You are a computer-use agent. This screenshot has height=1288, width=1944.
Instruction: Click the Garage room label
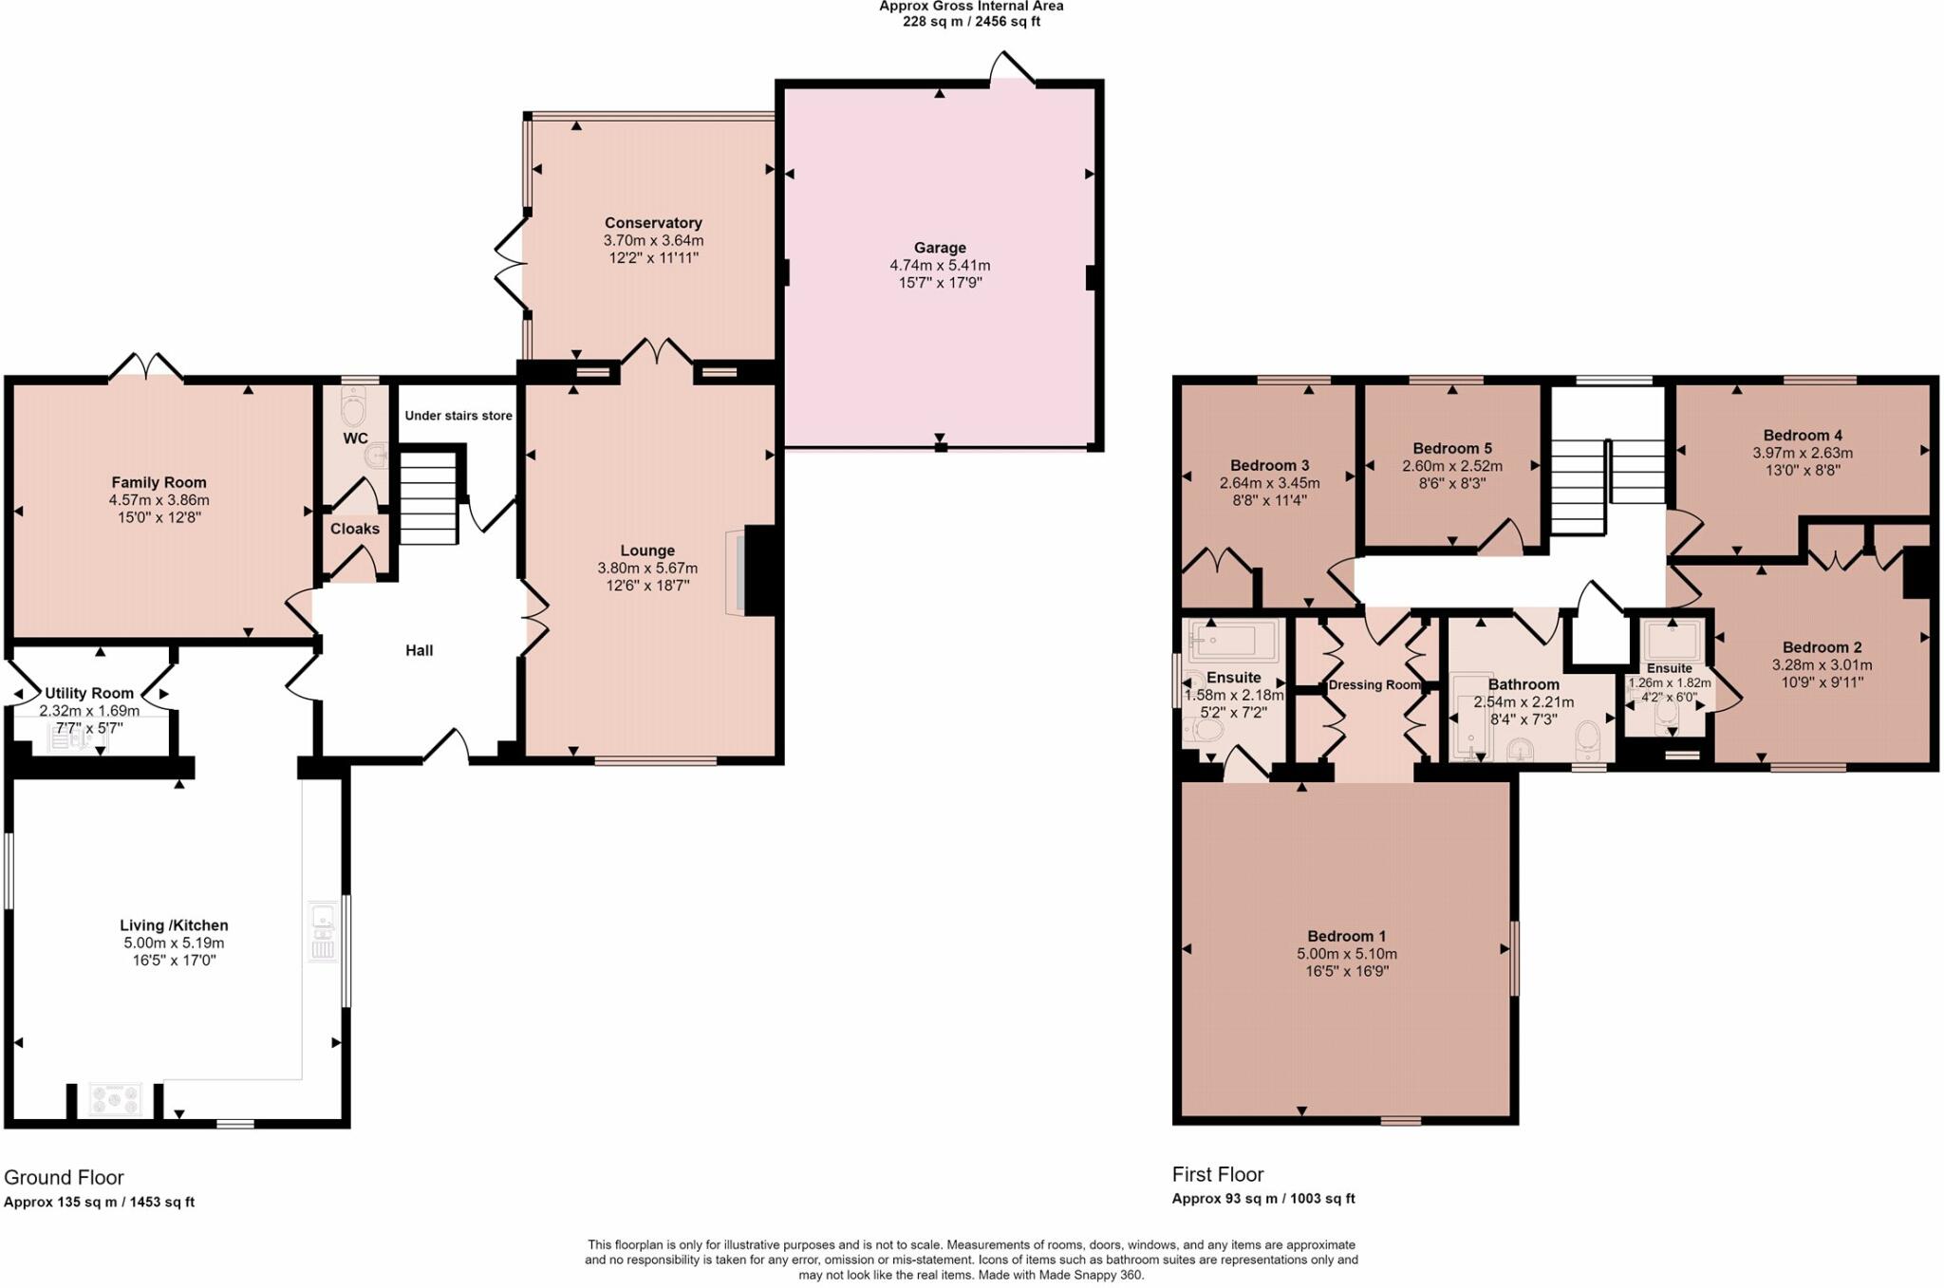point(940,248)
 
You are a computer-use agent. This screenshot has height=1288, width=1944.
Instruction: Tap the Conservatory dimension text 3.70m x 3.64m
point(653,241)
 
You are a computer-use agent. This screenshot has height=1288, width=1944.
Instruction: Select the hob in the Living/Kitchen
point(115,1099)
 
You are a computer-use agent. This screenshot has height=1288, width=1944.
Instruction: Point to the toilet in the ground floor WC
point(353,411)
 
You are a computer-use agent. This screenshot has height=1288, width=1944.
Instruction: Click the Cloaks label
point(355,529)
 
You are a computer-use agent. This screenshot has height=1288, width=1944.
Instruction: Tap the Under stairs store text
point(458,416)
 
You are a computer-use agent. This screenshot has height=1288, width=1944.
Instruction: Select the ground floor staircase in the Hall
point(429,498)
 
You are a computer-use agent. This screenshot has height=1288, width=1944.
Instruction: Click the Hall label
point(420,650)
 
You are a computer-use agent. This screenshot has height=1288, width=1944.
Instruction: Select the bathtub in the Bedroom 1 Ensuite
point(1232,642)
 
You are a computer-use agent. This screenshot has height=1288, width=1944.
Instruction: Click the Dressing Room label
point(1374,685)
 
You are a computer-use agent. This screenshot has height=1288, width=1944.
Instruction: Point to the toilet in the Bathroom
point(1586,737)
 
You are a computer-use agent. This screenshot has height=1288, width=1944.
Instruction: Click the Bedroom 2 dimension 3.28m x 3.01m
point(1822,665)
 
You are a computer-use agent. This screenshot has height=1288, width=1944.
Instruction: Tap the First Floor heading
point(1218,1174)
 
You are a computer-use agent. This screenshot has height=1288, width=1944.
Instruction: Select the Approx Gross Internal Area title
point(971,7)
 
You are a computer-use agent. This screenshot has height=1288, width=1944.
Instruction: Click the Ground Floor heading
point(64,1178)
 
